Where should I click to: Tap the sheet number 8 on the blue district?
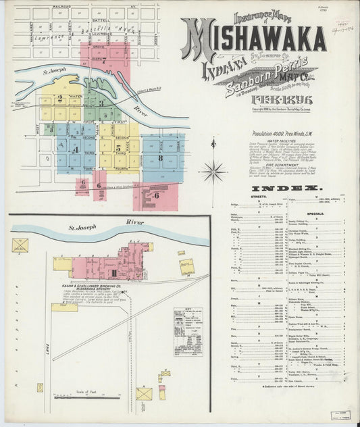pos(160,158)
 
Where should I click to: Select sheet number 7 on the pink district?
pos(103,59)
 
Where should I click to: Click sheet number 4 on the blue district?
pos(76,148)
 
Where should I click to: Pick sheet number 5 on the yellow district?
pos(118,147)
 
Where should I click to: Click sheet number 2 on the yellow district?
pos(61,99)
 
